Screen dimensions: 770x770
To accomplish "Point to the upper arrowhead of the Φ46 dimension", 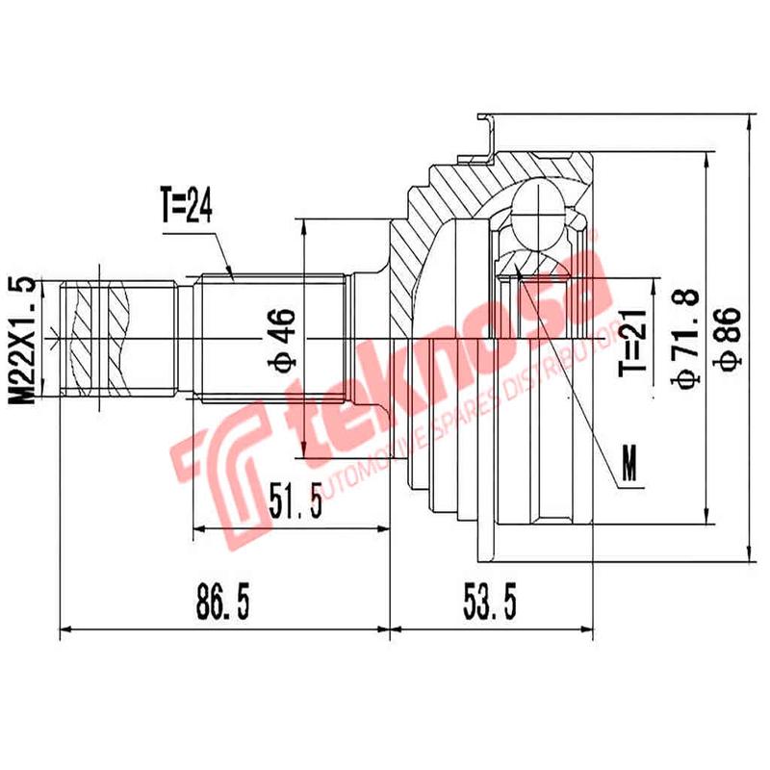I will pos(304,224).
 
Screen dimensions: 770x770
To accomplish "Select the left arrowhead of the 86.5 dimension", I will pos(64,630).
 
